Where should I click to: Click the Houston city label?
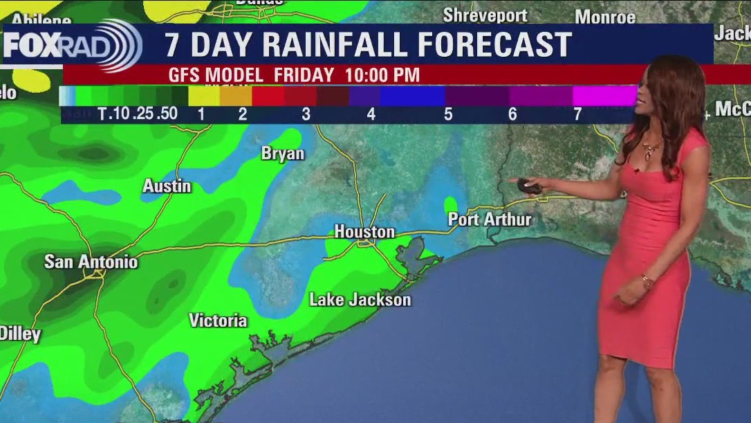click(x=364, y=232)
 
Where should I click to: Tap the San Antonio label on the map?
click(x=91, y=262)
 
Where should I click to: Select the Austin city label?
click(x=167, y=186)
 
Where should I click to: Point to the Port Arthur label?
click(x=490, y=219)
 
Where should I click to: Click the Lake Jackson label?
click(x=360, y=300)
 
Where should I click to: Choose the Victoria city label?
click(x=218, y=321)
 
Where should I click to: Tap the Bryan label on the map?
click(x=282, y=154)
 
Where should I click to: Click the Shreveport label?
click(x=485, y=15)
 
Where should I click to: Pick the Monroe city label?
click(x=605, y=17)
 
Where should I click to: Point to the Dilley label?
click(x=20, y=334)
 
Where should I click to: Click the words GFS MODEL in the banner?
click(x=216, y=75)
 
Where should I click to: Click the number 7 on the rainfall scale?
click(x=577, y=114)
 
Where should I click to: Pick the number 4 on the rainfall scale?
click(x=371, y=114)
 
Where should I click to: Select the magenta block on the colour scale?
click(x=604, y=96)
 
